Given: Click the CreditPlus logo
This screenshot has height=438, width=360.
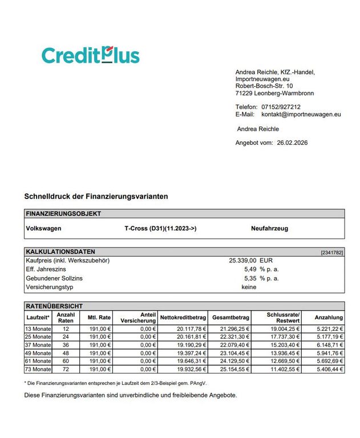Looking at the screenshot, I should click(90, 55).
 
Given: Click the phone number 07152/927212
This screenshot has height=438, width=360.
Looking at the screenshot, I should click(281, 107).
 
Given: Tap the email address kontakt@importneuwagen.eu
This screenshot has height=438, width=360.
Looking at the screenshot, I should click(301, 114).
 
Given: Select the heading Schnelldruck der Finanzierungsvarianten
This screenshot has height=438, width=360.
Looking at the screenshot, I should click(96, 196).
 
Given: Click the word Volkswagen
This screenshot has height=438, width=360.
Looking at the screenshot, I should click(44, 228).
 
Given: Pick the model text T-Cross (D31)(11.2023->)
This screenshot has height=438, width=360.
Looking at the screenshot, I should click(160, 228).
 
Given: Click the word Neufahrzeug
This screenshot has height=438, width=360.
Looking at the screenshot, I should click(269, 228).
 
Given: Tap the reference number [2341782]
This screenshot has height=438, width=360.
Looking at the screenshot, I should click(333, 252).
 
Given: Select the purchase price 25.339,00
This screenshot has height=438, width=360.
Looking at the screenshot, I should click(242, 260).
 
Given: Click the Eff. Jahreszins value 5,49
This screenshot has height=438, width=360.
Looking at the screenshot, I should click(250, 269).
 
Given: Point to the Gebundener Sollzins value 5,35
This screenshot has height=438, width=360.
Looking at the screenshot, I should click(250, 278).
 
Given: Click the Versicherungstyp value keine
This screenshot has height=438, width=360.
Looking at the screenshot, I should click(249, 287).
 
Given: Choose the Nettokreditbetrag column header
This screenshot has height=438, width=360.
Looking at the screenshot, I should click(183, 317).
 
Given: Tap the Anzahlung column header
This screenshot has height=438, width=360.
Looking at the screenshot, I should click(329, 317).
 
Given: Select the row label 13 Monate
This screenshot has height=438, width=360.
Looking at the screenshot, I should click(38, 328).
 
